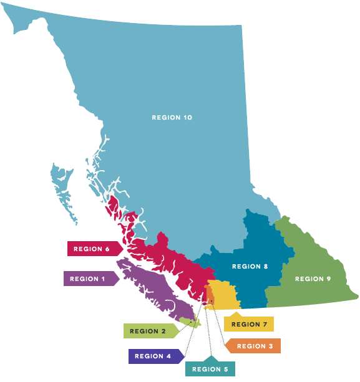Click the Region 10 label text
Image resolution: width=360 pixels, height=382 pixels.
point(172,117)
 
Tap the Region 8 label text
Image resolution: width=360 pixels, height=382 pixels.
point(250,267)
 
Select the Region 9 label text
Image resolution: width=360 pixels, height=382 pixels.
point(313,279)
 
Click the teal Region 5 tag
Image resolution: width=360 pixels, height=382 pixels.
point(210,369)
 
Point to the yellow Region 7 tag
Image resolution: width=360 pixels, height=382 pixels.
point(248,324)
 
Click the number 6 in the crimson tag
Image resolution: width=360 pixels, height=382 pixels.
point(107,249)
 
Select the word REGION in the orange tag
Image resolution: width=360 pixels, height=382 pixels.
point(249,346)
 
